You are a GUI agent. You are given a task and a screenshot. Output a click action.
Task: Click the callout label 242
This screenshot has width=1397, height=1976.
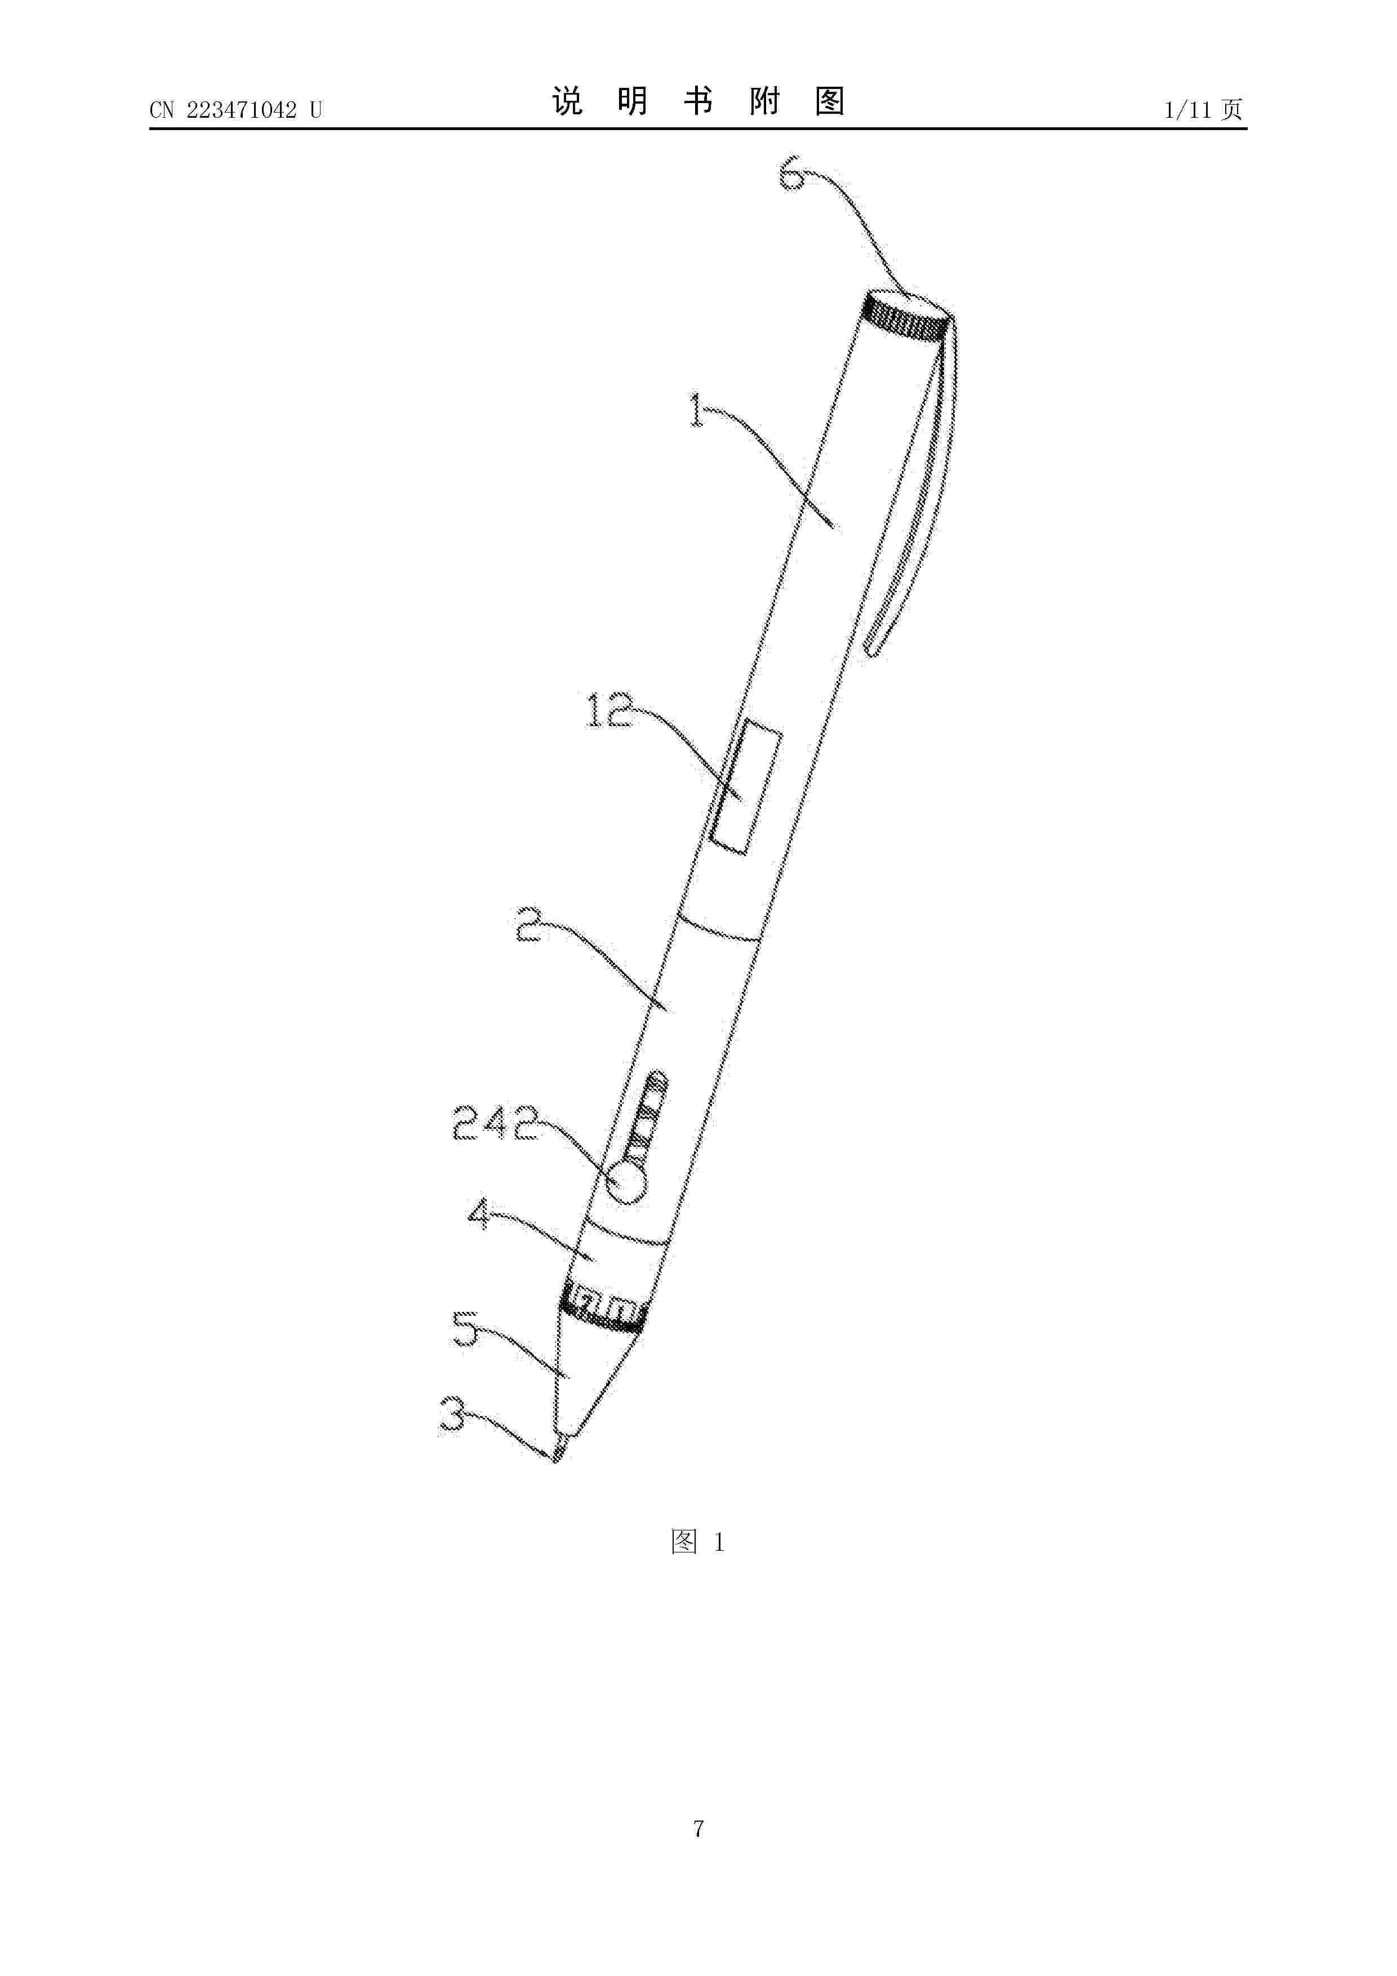pos(497,1123)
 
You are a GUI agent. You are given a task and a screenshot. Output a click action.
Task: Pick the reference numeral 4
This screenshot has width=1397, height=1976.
pos(479,1217)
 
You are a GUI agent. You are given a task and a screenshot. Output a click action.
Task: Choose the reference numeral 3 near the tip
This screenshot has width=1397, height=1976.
pos(453,1414)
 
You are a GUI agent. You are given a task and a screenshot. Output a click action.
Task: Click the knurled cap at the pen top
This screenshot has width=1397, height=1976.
pos(906,316)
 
